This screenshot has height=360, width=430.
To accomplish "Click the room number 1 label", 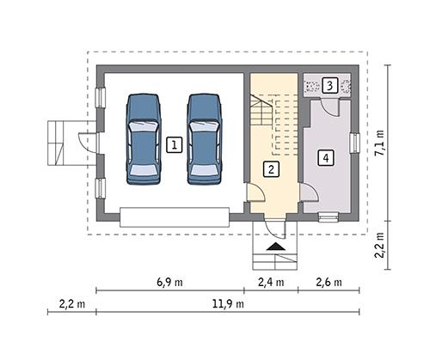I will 175,145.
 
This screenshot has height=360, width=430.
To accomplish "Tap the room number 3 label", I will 330,85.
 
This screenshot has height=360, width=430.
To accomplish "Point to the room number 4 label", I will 325,158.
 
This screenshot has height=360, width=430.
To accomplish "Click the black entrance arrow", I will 275,247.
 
